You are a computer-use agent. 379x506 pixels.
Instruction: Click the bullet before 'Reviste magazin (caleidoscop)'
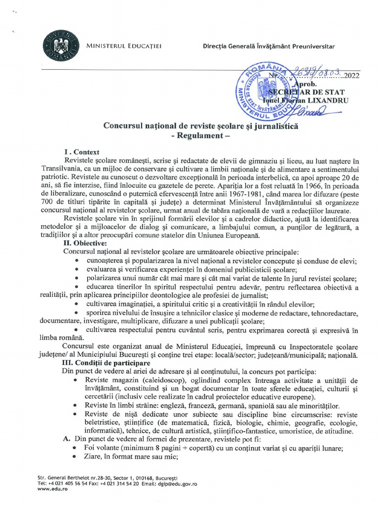click(x=75, y=380)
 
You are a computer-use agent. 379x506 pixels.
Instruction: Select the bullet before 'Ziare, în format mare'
click(x=75, y=457)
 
